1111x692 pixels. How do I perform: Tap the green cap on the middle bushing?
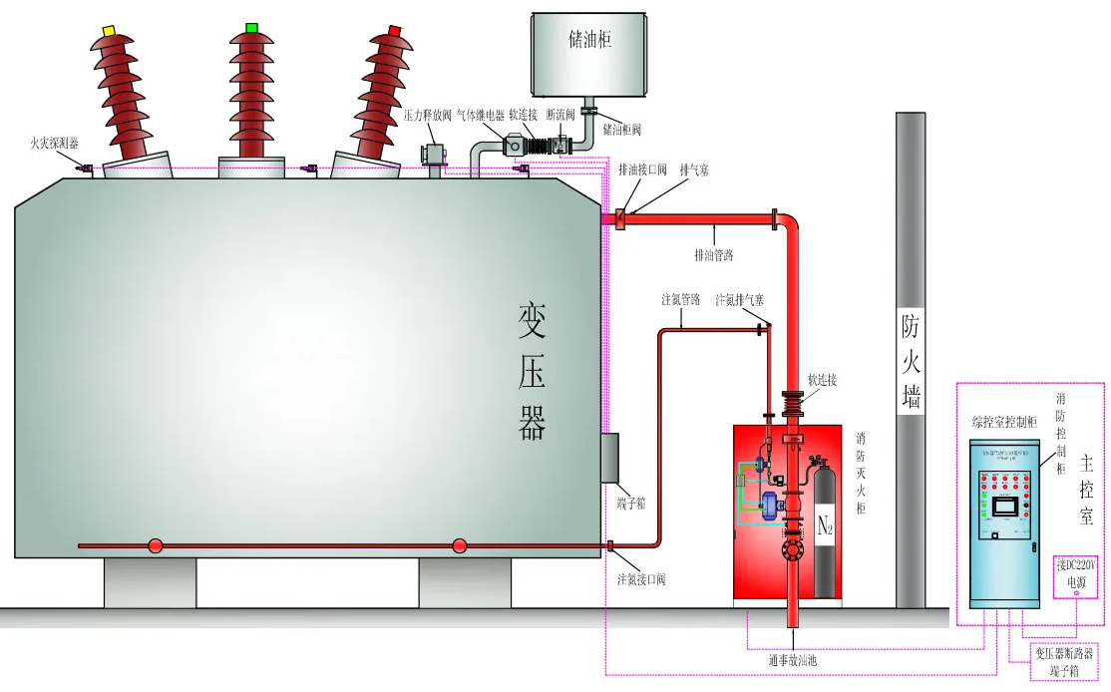coord(251,27)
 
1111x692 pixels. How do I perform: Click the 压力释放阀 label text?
coord(428,116)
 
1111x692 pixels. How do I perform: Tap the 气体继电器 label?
coord(482,116)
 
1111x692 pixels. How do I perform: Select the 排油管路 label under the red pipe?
coord(713,255)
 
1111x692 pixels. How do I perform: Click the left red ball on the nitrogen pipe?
coord(156,545)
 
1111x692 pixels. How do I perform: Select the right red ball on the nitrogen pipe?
coord(459,545)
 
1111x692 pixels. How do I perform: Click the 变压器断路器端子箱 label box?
coord(1065,661)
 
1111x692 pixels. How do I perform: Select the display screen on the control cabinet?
coord(1008,507)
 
